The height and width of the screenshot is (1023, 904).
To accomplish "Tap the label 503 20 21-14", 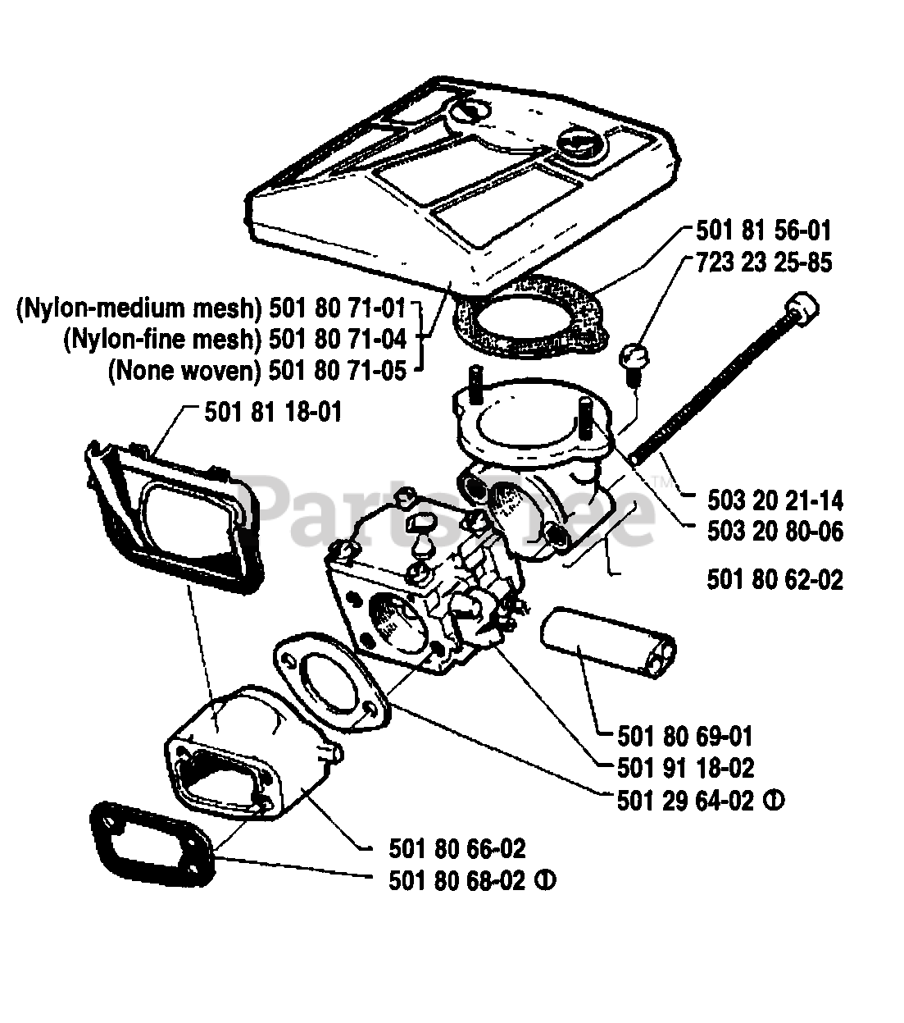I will coord(775,500).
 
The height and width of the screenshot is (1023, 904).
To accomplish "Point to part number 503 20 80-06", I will coord(775,532).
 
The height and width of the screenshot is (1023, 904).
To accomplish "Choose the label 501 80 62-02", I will coord(775,581).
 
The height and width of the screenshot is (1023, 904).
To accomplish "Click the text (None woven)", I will coord(184,371).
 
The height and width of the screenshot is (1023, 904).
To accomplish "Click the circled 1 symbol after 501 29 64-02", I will coord(773,800).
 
